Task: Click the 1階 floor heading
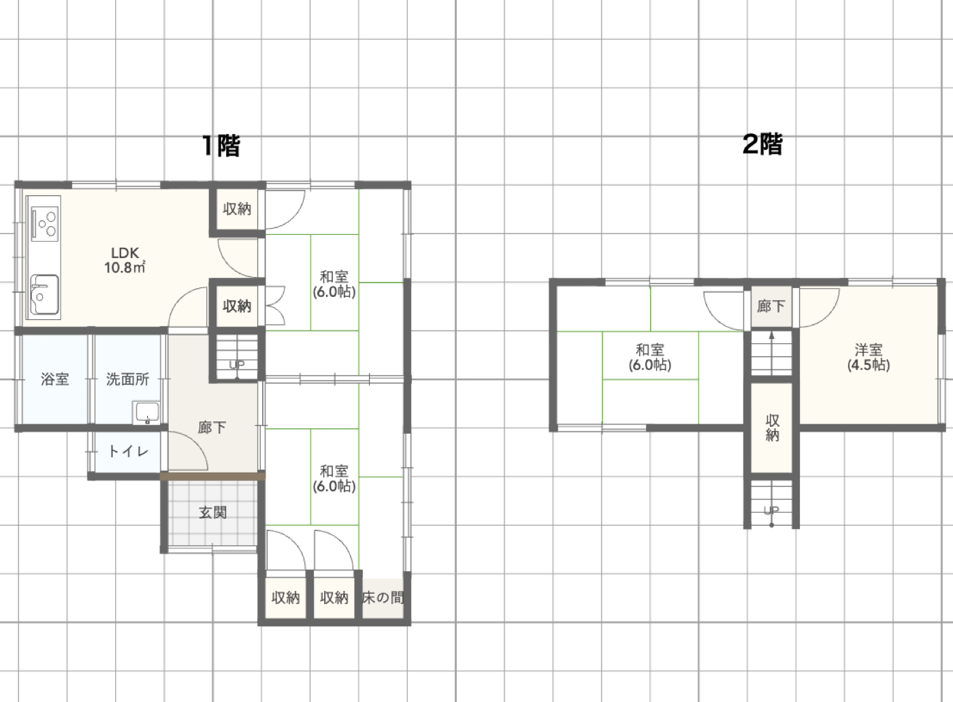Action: (221, 146)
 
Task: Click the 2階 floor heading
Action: (762, 144)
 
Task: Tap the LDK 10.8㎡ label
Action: (125, 260)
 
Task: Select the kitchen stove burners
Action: (45, 224)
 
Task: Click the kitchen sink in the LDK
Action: (45, 294)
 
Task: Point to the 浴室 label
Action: (55, 379)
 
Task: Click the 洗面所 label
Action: (128, 379)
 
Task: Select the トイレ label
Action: (128, 451)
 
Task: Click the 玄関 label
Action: (212, 513)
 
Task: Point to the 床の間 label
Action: (383, 598)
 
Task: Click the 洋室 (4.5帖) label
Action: (869, 357)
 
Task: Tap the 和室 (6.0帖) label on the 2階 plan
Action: (649, 357)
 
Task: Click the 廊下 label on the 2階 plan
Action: (771, 306)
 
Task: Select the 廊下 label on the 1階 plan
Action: (212, 428)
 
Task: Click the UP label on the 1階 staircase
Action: (237, 364)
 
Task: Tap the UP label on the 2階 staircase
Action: (771, 510)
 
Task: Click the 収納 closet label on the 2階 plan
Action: (772, 428)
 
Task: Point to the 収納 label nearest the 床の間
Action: (334, 598)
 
